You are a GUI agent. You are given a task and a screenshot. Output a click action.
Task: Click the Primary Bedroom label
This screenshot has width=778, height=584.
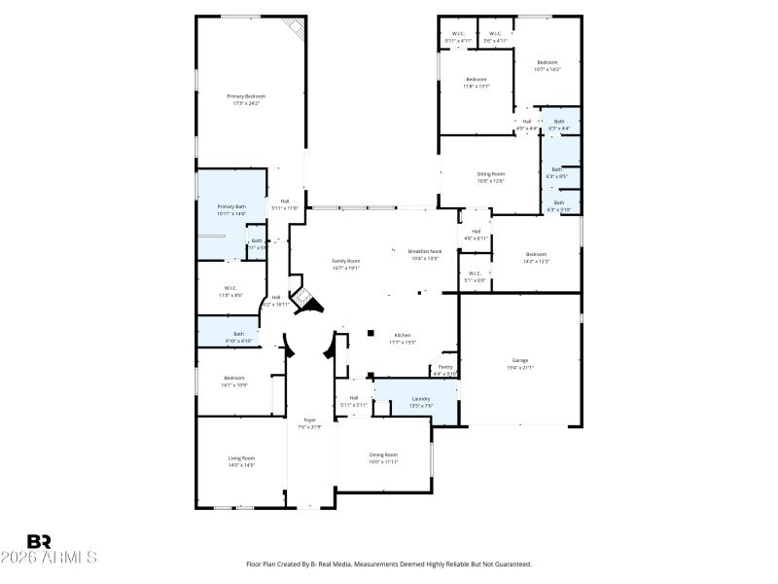click(x=246, y=96)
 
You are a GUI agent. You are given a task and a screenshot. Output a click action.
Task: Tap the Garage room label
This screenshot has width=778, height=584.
click(x=520, y=360)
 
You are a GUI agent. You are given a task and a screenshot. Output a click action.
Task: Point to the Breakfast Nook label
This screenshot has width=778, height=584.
click(x=424, y=251)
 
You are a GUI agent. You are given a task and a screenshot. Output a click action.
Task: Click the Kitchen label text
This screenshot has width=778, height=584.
click(x=402, y=335)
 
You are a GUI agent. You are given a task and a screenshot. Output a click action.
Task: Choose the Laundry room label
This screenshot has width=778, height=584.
click(x=421, y=398)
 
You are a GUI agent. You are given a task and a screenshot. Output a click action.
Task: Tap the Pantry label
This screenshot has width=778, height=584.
click(x=444, y=367)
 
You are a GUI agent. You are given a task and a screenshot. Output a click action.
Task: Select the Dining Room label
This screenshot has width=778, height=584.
click(x=383, y=455)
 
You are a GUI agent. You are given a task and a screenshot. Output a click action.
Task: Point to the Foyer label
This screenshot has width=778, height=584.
click(x=310, y=420)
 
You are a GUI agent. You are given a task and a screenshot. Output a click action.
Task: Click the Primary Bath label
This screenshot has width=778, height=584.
click(x=231, y=206)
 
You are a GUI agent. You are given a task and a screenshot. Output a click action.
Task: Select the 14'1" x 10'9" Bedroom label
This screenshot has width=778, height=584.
click(x=234, y=378)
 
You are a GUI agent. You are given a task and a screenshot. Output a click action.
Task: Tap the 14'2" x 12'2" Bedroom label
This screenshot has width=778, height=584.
click(x=537, y=255)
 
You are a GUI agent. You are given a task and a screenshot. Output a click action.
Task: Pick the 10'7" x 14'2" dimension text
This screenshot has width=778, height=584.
click(x=548, y=69)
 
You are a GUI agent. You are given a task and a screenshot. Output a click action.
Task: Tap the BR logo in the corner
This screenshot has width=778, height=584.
click(x=39, y=541)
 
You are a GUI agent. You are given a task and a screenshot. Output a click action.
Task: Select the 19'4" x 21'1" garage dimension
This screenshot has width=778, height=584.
click(x=520, y=367)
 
